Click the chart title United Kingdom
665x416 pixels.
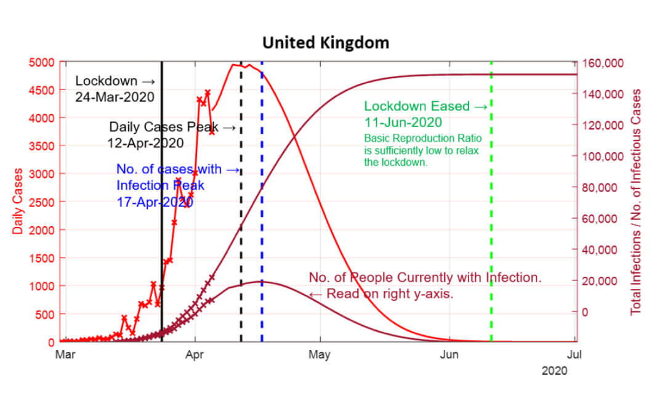(x=326, y=43)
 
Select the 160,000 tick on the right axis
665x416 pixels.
(x=603, y=63)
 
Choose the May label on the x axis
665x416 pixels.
(x=320, y=354)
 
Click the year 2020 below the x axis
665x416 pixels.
(x=554, y=370)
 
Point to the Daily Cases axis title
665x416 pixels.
(x=18, y=201)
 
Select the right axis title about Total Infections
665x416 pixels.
(x=636, y=201)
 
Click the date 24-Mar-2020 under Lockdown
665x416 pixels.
(x=115, y=97)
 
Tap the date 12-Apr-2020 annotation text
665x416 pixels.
(x=145, y=142)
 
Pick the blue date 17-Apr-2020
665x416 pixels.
(x=155, y=201)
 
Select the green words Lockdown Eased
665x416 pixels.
(x=417, y=106)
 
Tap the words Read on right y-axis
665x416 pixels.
(x=390, y=294)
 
